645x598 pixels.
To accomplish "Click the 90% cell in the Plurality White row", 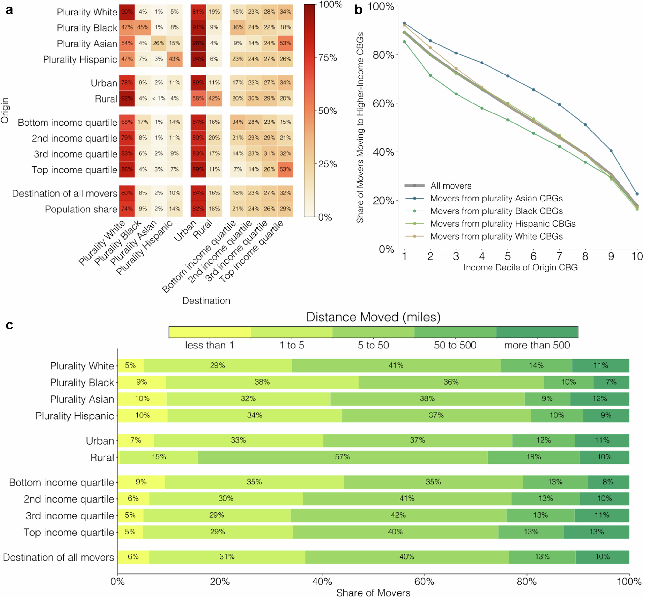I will (127, 12).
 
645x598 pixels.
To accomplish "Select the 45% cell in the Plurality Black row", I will (143, 27).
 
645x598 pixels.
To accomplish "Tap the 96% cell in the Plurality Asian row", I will (198, 43).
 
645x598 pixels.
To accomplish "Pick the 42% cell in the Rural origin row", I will (214, 98).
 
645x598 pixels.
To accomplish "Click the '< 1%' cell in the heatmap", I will (159, 98).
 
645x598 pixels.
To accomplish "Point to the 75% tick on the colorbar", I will (328, 58).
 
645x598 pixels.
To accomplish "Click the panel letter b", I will (358, 10).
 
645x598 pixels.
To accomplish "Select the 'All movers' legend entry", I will (451, 186).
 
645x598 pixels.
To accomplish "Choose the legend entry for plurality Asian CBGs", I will (496, 198).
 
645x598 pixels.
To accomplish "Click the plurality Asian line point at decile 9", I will (611, 151).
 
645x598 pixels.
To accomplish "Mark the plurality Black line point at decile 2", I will (430, 75).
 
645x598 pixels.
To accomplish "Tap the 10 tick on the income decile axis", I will (637, 257).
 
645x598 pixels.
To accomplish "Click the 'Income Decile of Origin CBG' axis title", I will (520, 268).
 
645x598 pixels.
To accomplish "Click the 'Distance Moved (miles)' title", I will (373, 317).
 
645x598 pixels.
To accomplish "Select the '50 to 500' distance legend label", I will (455, 345).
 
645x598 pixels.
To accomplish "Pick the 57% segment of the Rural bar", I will (342, 457).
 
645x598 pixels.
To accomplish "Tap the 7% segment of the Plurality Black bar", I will (611, 382).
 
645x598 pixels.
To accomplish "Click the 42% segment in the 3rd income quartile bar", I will (398, 515).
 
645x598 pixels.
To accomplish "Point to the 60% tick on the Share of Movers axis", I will (424, 582).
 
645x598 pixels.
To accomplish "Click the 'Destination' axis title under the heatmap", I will (206, 301).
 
